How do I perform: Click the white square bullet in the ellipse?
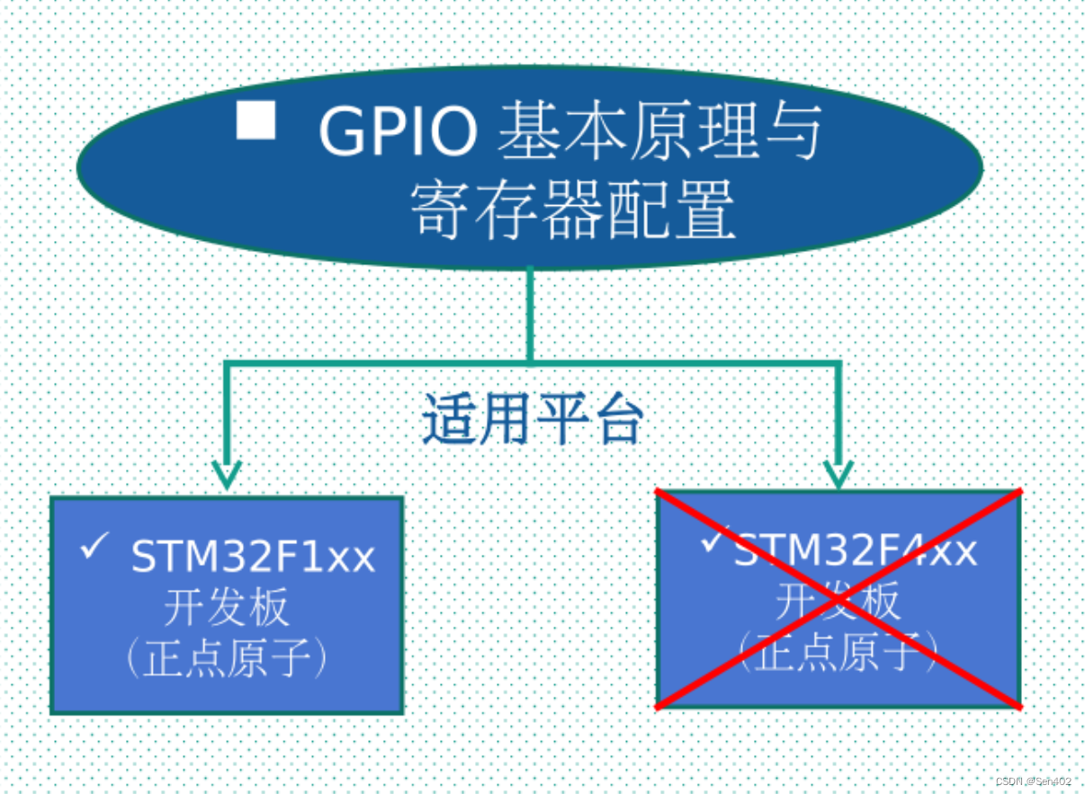pos(256,120)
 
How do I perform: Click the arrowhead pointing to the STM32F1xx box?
pos(226,474)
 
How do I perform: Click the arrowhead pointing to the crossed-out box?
pos(838,474)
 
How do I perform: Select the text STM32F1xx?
pos(253,557)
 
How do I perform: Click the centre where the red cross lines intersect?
pos(838,599)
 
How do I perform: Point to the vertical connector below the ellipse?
pos(530,315)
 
